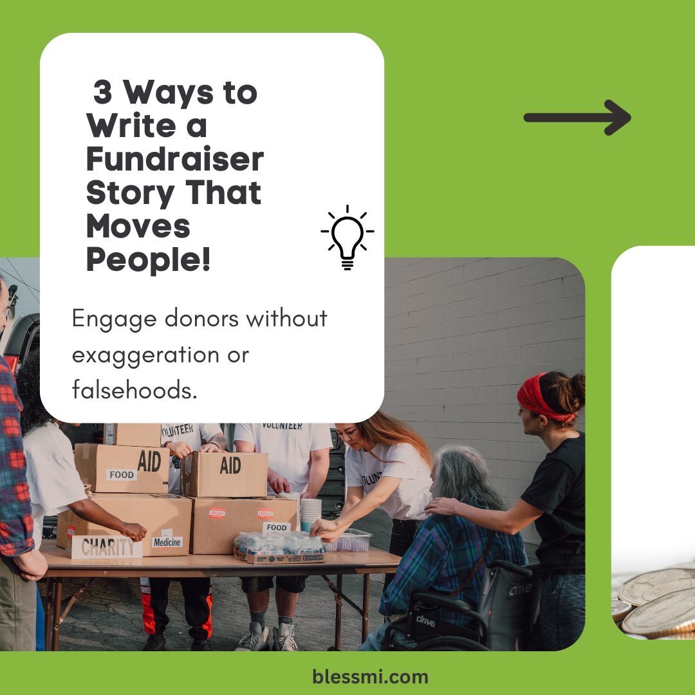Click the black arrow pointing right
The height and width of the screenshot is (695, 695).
(x=577, y=118)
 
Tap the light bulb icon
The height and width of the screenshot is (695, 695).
(x=347, y=237)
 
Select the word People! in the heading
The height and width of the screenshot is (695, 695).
(x=148, y=259)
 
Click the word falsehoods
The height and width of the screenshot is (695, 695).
(x=134, y=389)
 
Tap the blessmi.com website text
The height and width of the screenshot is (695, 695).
(x=370, y=677)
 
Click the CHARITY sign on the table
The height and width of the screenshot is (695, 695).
(x=107, y=547)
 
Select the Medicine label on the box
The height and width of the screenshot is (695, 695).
(x=167, y=542)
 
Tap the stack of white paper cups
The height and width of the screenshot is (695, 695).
(x=311, y=514)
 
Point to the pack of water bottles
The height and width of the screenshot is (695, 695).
(x=279, y=548)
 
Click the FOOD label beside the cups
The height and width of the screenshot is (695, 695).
(x=277, y=527)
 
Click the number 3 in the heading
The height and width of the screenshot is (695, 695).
(x=102, y=92)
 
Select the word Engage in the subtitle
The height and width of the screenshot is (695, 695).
(x=115, y=320)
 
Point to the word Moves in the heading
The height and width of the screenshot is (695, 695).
(x=138, y=226)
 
